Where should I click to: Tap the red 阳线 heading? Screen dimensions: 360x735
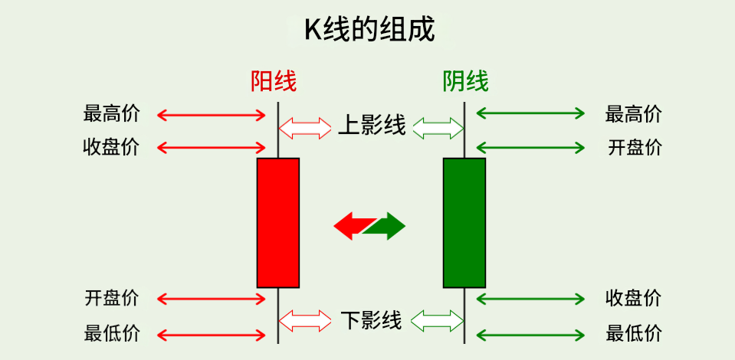pyautogui.click(x=274, y=81)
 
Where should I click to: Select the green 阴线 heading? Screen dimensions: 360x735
pyautogui.click(x=465, y=81)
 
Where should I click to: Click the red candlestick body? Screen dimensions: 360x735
pyautogui.click(x=278, y=222)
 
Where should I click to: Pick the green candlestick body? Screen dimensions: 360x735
pyautogui.click(x=464, y=222)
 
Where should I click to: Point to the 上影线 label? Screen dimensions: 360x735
pyautogui.click(x=372, y=126)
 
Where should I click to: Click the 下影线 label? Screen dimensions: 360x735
pyautogui.click(x=371, y=319)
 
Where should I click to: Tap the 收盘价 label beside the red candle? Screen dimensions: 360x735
pyautogui.click(x=111, y=147)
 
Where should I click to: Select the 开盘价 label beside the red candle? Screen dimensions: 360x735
pyautogui.click(x=111, y=298)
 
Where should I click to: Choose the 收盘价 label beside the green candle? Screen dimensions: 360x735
pyautogui.click(x=633, y=298)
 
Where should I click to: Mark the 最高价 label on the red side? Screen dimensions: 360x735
pyautogui.click(x=111, y=115)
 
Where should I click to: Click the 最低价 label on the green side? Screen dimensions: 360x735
pyautogui.click(x=633, y=334)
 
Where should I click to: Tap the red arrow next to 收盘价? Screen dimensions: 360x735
pyautogui.click(x=211, y=147)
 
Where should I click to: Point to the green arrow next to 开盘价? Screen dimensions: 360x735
pyautogui.click(x=530, y=147)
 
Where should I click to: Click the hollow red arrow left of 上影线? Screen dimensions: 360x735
pyautogui.click(x=304, y=126)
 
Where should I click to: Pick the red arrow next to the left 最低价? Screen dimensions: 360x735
pyautogui.click(x=211, y=334)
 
